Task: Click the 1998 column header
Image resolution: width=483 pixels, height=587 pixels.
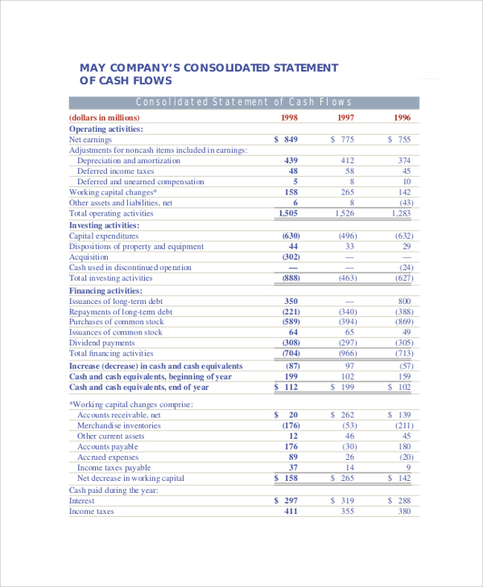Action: click(x=290, y=117)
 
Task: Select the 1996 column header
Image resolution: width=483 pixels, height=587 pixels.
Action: click(x=402, y=117)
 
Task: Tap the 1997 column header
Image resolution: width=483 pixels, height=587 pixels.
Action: click(x=346, y=117)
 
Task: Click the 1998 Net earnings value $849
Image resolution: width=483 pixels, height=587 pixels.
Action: click(x=287, y=139)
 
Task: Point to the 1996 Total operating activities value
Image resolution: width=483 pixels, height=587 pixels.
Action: click(x=401, y=213)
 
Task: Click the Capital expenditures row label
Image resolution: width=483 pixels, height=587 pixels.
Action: click(x=104, y=236)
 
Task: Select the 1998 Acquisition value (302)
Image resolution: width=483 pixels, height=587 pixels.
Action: click(x=291, y=257)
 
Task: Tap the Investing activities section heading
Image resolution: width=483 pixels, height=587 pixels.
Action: click(x=105, y=225)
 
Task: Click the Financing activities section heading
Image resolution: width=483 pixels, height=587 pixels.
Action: click(x=105, y=290)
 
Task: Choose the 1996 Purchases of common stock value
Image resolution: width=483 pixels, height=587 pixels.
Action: click(x=403, y=322)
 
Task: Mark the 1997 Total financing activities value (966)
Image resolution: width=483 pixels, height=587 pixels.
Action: click(x=348, y=353)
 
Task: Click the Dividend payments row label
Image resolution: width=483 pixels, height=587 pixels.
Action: click(x=101, y=343)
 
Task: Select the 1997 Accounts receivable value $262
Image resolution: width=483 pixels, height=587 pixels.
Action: click(x=344, y=415)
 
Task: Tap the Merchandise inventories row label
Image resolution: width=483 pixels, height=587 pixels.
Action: click(x=119, y=425)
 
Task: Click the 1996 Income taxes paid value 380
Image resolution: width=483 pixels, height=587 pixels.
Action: click(x=404, y=511)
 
